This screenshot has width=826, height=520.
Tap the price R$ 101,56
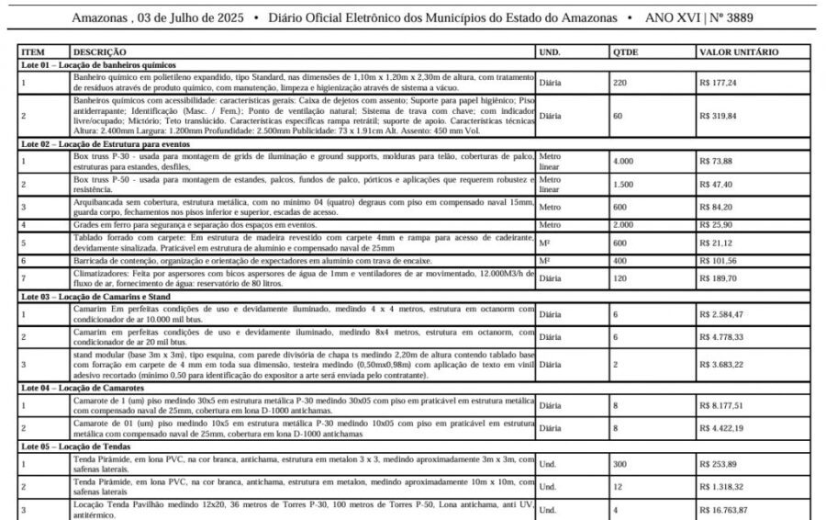718,261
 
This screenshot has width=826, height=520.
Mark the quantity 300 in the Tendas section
620,464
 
